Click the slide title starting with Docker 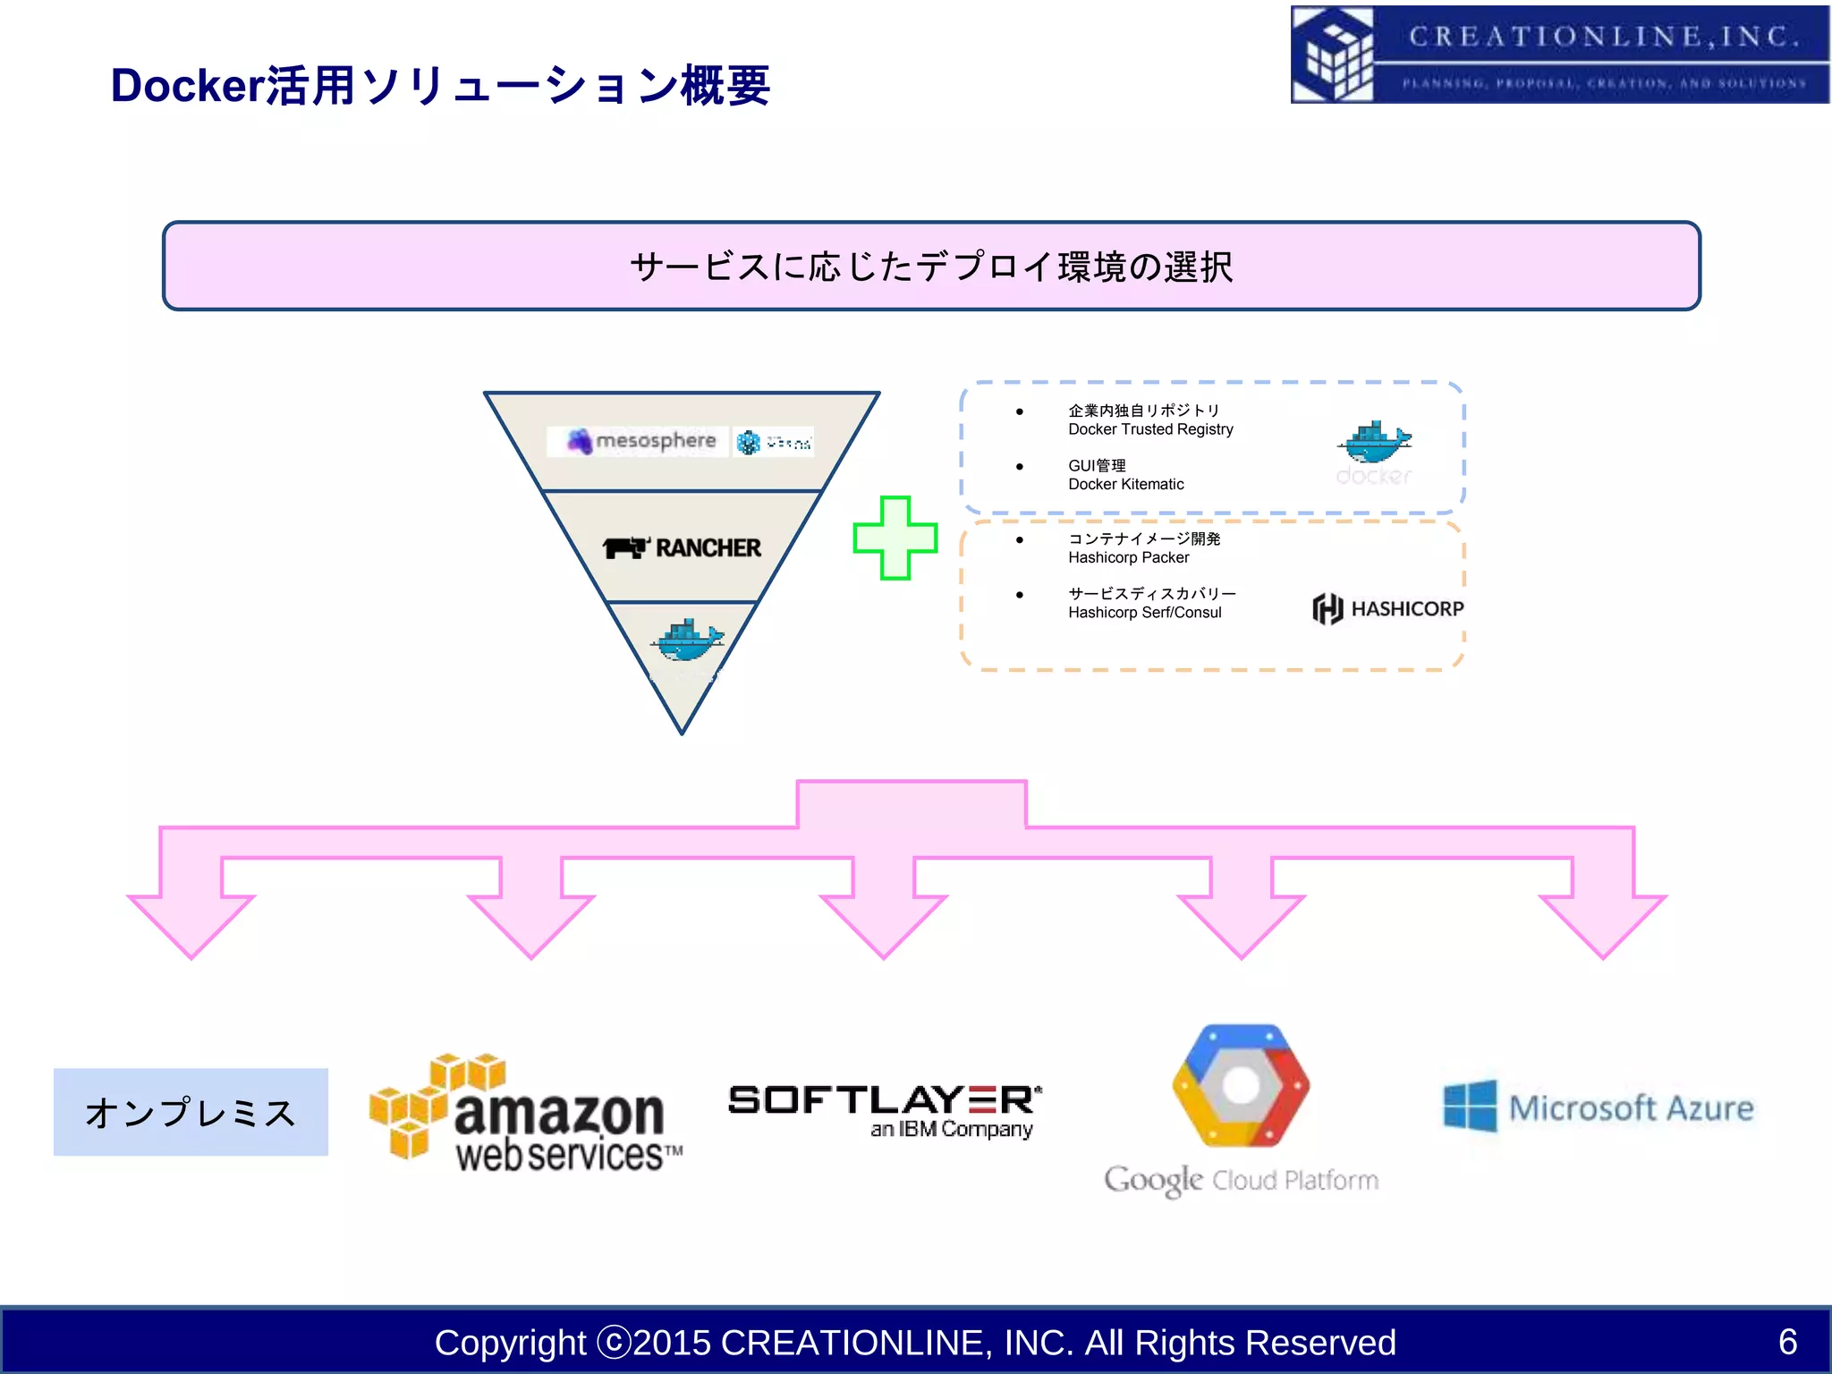click(440, 87)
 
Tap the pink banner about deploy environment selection click(930, 267)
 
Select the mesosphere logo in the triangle click(642, 441)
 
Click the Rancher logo click(682, 547)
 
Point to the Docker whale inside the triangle click(687, 641)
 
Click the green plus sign click(895, 538)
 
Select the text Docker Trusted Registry click(1150, 429)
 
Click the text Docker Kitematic click(1125, 484)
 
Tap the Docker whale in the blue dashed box click(1374, 443)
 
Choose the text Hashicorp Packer click(1128, 557)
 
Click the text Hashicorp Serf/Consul click(1144, 613)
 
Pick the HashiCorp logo click(1387, 608)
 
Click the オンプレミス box click(191, 1112)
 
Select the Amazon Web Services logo click(526, 1114)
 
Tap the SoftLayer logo click(885, 1109)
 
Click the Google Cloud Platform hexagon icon click(1241, 1086)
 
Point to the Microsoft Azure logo click(1599, 1107)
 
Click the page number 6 click(1787, 1341)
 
